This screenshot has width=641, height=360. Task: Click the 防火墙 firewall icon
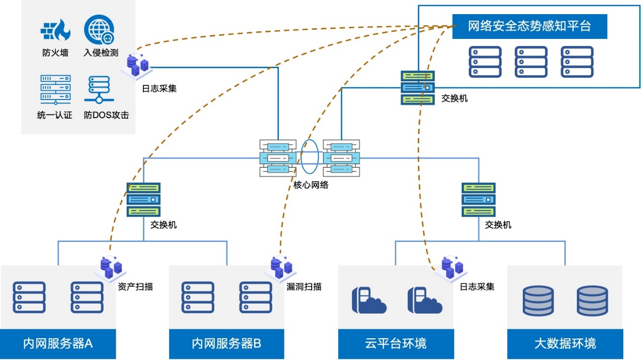55,30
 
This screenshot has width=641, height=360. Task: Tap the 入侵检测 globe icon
99,29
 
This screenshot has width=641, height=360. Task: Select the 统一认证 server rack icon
55,89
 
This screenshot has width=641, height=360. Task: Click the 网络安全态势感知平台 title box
529,26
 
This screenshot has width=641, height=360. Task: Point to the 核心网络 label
311,185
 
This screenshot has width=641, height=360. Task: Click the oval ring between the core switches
310,157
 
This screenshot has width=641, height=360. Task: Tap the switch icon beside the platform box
418,87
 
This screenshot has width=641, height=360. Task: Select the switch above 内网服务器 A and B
143,200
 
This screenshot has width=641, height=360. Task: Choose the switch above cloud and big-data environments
478,200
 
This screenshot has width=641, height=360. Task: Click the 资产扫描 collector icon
111,268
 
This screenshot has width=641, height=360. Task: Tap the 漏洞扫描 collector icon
281,268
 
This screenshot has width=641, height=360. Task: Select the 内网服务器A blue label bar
58,344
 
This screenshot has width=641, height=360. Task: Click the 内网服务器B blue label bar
226,344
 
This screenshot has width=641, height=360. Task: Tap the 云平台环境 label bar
396,344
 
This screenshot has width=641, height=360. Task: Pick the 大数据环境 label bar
565,344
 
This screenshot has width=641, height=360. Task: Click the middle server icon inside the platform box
531,62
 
